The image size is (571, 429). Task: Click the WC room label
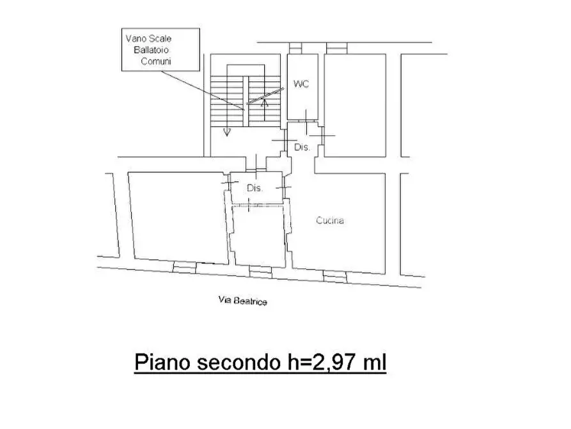click(x=301, y=85)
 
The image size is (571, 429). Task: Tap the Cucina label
click(x=330, y=221)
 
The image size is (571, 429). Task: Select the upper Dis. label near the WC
click(x=301, y=147)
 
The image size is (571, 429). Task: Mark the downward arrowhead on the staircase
click(x=226, y=133)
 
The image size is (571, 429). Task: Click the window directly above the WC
click(x=295, y=49)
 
